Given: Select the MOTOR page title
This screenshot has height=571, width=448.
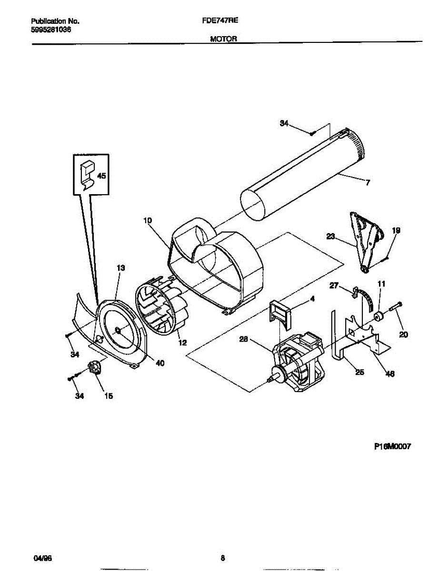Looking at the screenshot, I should pos(223,39).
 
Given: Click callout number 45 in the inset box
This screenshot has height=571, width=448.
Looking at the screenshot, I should pos(101,176).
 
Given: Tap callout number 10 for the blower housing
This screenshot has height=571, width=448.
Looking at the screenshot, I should pos(148,220).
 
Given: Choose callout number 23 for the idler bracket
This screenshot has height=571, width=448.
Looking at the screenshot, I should pos(330,235).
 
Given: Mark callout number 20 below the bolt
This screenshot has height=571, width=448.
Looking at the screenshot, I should pos(403,335).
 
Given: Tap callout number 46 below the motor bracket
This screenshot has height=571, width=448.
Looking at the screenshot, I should pos(389,374).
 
